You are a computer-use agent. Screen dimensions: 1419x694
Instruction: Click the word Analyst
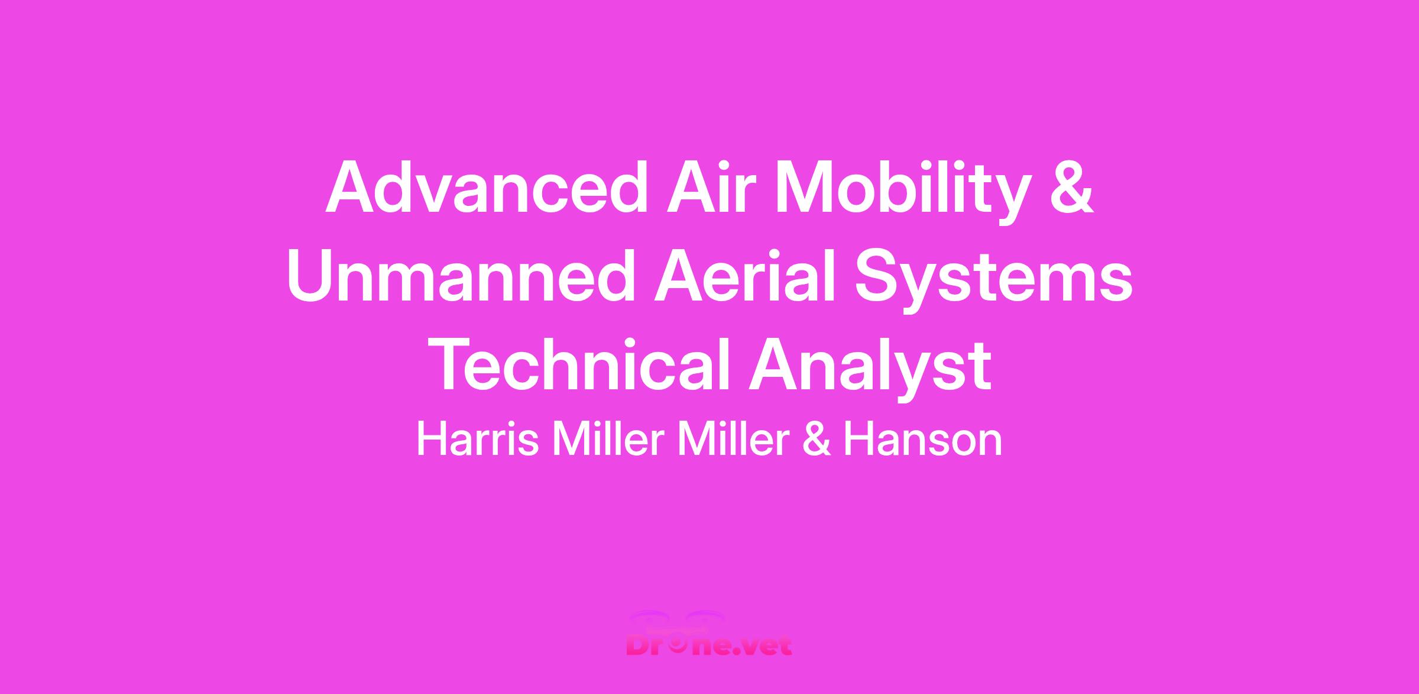click(870, 370)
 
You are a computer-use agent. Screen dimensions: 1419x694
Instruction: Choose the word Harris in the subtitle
click(478, 440)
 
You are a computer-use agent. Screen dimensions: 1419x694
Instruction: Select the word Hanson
click(922, 440)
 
